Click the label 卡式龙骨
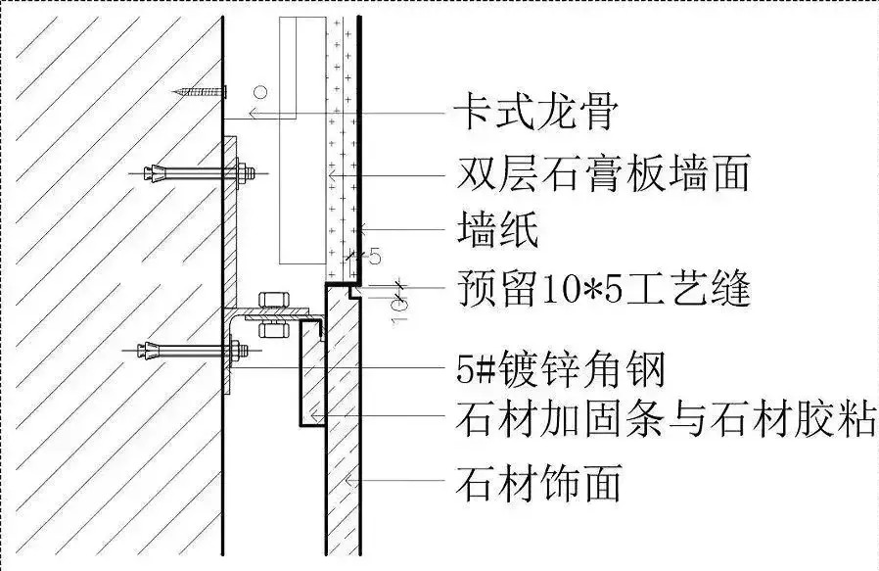(x=536, y=112)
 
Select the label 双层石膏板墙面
(x=603, y=173)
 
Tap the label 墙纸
(x=498, y=229)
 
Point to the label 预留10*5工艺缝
(x=604, y=289)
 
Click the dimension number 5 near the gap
(x=375, y=257)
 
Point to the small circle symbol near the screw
(x=259, y=91)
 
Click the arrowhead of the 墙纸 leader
(x=363, y=229)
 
